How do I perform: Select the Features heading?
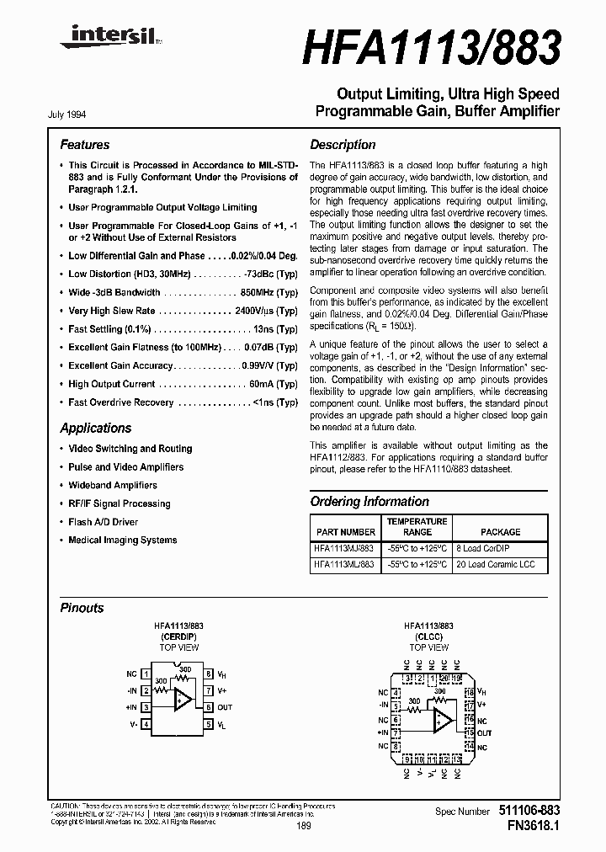(x=84, y=145)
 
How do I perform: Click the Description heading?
(x=343, y=145)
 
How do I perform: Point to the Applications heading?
(x=95, y=428)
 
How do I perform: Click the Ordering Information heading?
(x=369, y=502)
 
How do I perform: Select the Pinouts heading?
(x=82, y=608)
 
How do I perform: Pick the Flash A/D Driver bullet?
(x=103, y=522)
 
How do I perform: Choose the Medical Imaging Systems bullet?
(x=122, y=540)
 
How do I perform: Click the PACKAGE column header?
(x=500, y=532)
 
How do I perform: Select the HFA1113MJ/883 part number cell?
(x=345, y=548)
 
